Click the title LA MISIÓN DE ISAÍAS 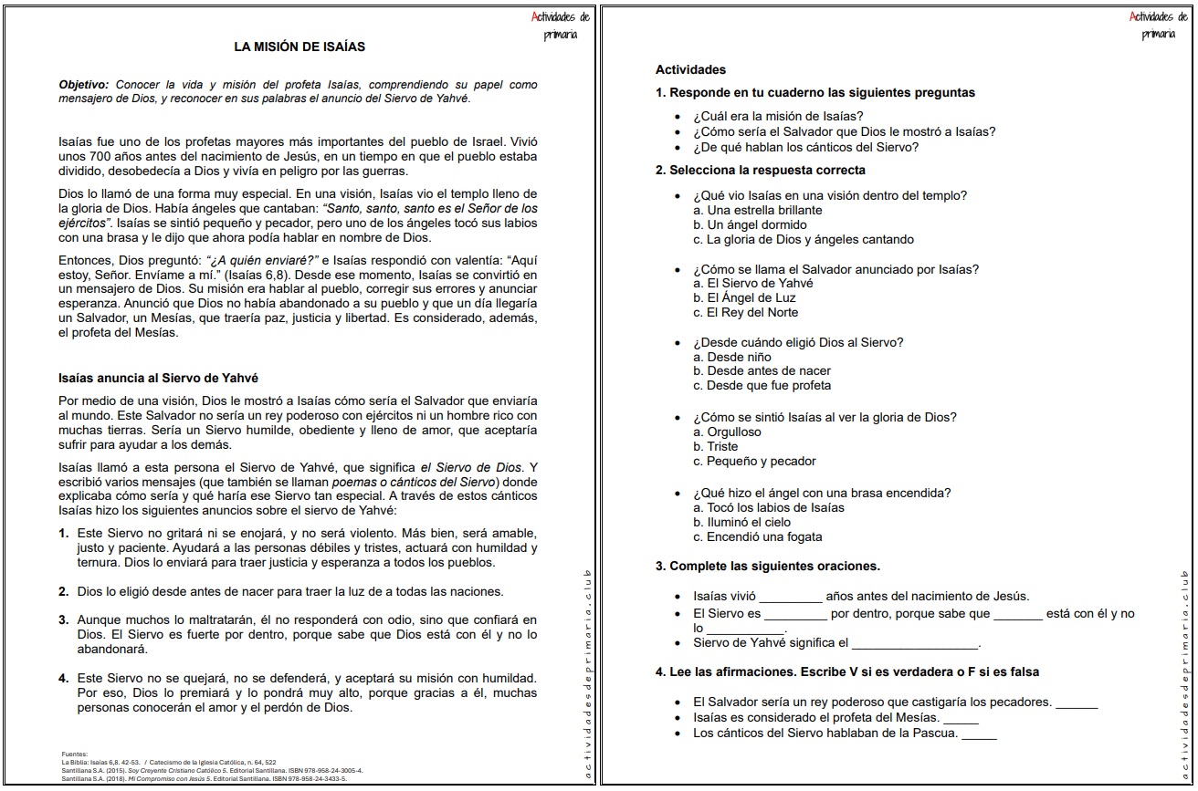pos(299,47)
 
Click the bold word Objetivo pos(85,85)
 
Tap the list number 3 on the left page pos(64,619)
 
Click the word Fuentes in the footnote pos(74,755)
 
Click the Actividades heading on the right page pos(690,69)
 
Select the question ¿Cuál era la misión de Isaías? pos(778,116)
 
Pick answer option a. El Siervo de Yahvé pos(753,283)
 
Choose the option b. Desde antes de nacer pos(762,371)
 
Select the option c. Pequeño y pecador pos(755,462)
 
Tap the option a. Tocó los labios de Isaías pos(769,507)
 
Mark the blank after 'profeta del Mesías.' pos(961,719)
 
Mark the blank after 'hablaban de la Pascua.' pos(979,734)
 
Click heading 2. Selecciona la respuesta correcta pos(761,170)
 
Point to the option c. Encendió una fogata pos(758,536)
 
